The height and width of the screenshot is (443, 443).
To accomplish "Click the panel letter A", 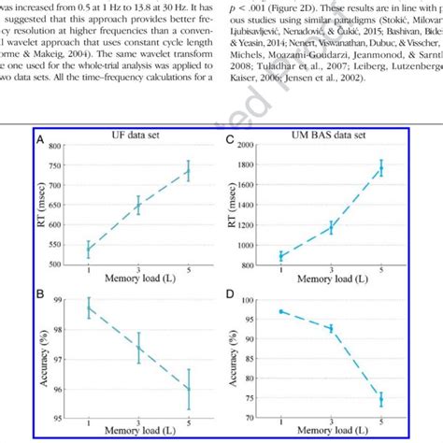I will click(39, 140).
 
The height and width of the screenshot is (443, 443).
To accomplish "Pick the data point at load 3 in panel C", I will click(330, 227).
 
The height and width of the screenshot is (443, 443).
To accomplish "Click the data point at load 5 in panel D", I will click(380, 399).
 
